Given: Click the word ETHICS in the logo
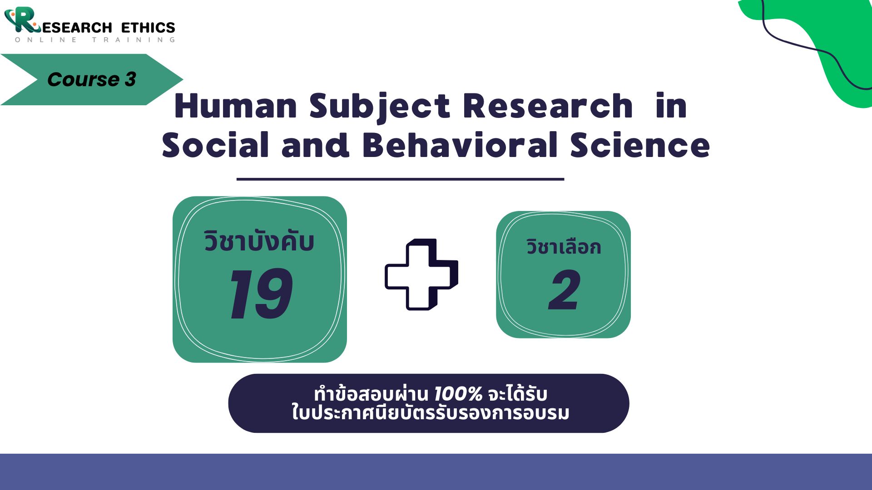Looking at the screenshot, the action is [x=148, y=28].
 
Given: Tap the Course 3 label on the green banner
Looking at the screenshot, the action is [x=92, y=79].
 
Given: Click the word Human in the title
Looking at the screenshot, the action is [x=236, y=106].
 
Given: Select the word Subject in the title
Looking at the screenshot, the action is [x=380, y=108].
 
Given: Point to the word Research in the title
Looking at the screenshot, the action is [x=548, y=106].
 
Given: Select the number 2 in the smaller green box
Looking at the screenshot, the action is [x=564, y=289].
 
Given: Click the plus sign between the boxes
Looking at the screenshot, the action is [x=421, y=274].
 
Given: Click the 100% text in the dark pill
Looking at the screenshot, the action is [x=458, y=394].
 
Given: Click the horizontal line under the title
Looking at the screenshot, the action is [x=400, y=179].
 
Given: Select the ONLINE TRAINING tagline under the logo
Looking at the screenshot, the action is [x=95, y=40].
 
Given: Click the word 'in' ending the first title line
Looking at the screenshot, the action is [x=671, y=106].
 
